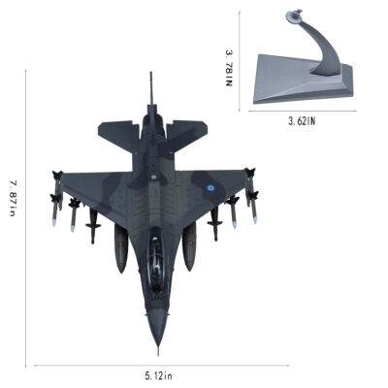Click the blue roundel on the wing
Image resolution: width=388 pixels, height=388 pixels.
pyautogui.click(x=210, y=187)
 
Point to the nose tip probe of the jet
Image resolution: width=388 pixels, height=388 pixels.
pyautogui.click(x=158, y=351)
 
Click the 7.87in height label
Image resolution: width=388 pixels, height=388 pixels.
pyautogui.click(x=13, y=198)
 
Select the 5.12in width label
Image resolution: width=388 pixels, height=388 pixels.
pyautogui.click(x=158, y=376)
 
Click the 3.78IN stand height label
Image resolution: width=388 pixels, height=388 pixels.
pyautogui.click(x=229, y=68)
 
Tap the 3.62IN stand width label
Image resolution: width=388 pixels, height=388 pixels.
pyautogui.click(x=302, y=121)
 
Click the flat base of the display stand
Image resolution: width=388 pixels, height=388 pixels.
pyautogui.click(x=303, y=81)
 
